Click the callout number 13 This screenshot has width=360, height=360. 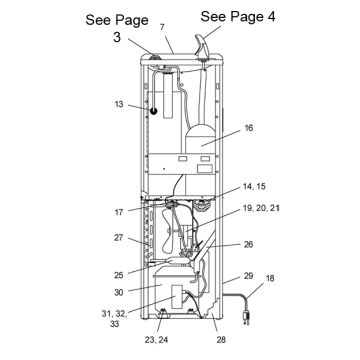click(x=119, y=104)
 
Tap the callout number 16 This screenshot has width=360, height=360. click(x=248, y=128)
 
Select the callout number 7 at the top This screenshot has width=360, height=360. click(x=162, y=28)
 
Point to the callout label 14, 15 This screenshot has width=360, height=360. click(x=254, y=187)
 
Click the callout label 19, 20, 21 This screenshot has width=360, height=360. click(x=261, y=208)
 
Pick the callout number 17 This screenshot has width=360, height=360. click(x=119, y=212)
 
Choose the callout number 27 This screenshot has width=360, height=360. click(x=119, y=238)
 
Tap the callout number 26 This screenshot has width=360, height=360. click(x=248, y=244)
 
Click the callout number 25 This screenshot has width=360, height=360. click(x=119, y=275)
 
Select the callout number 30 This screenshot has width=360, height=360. click(x=119, y=292)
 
